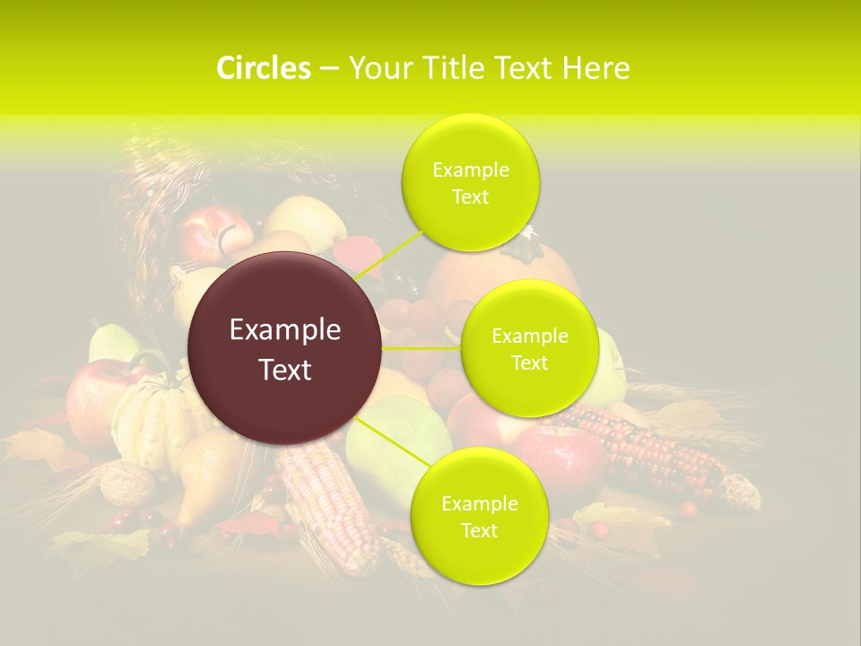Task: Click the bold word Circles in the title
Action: (x=264, y=68)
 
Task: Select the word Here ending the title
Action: (x=596, y=68)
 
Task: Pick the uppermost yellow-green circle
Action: (x=470, y=182)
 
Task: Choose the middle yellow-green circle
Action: (x=529, y=348)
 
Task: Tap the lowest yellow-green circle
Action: (x=479, y=516)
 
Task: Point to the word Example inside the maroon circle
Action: (x=285, y=330)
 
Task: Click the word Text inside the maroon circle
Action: (x=285, y=370)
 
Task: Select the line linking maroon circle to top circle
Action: (x=389, y=252)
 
